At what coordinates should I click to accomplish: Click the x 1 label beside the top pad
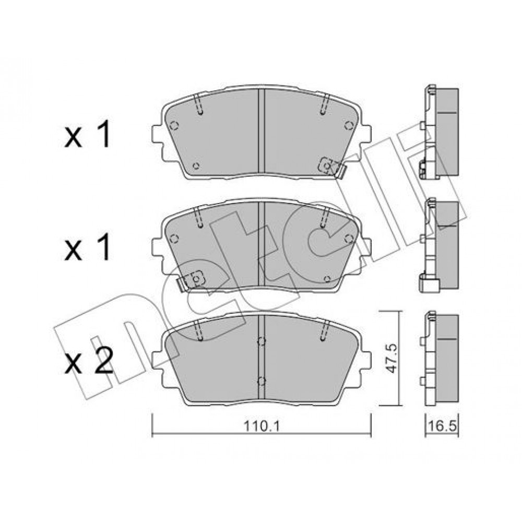click(x=87, y=135)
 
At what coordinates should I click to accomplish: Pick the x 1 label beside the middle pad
click(x=87, y=247)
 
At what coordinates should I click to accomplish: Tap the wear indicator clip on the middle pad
click(x=190, y=279)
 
